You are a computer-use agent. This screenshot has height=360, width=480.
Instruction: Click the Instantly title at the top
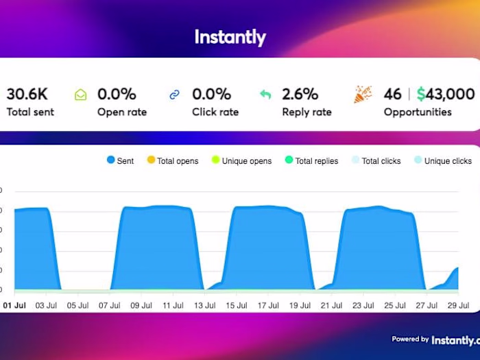230,36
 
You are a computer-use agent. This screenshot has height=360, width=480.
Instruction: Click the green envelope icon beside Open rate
81,95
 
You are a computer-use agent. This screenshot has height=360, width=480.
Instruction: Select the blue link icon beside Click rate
176,95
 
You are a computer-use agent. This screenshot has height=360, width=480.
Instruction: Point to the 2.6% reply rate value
300,94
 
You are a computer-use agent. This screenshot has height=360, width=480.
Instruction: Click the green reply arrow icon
266,95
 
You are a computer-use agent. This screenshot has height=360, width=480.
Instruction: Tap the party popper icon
363,95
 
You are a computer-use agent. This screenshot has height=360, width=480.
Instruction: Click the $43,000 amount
446,94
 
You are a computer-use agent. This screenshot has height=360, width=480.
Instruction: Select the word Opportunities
418,112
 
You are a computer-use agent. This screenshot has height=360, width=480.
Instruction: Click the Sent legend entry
121,161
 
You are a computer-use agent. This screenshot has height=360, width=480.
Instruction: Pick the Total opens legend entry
172,161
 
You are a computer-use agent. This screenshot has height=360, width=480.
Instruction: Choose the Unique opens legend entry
241,161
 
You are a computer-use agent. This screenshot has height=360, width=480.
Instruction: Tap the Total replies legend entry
311,161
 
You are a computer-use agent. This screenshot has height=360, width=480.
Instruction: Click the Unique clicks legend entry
442,161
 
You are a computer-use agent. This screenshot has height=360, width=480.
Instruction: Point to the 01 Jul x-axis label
14,305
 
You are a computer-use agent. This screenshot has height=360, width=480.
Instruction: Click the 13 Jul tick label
205,305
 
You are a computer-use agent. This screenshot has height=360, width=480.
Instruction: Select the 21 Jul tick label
332,305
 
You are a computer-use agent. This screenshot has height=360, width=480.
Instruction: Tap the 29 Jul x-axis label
458,305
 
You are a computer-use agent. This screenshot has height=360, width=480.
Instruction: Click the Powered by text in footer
410,339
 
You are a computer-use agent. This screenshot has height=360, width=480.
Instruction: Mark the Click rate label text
215,112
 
